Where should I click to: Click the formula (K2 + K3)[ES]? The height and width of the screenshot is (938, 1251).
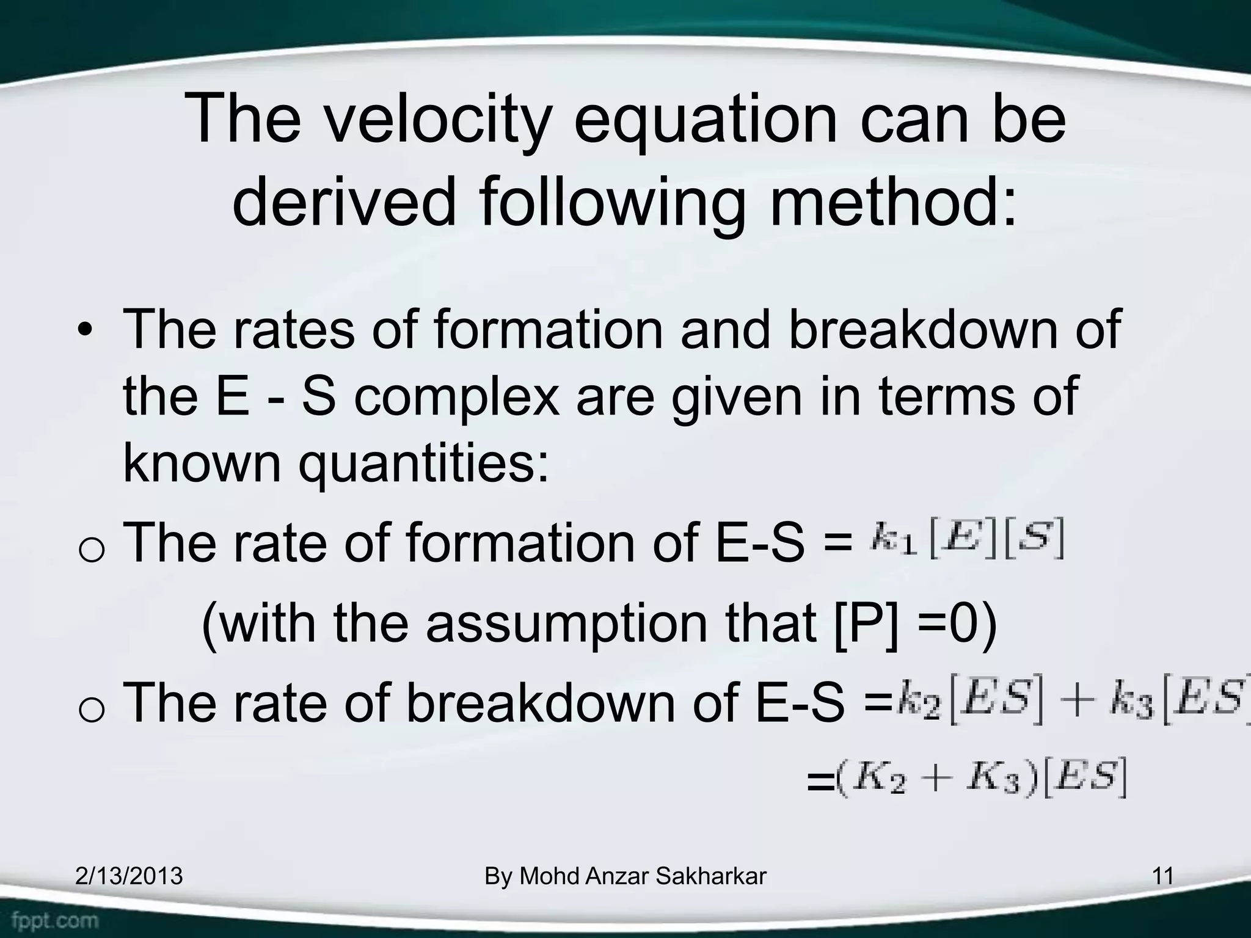click(x=981, y=778)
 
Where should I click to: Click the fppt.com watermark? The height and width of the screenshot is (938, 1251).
click(x=55, y=920)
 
